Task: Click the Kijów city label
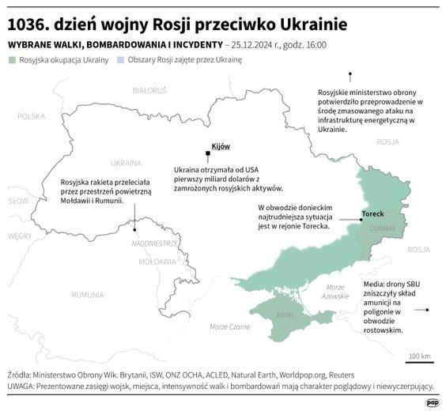pyautogui.click(x=220, y=147)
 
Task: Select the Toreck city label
pyautogui.click(x=373, y=214)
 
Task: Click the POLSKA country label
pyautogui.click(x=32, y=116)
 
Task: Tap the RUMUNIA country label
pyautogui.click(x=87, y=295)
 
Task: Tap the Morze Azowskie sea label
pyautogui.click(x=335, y=292)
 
